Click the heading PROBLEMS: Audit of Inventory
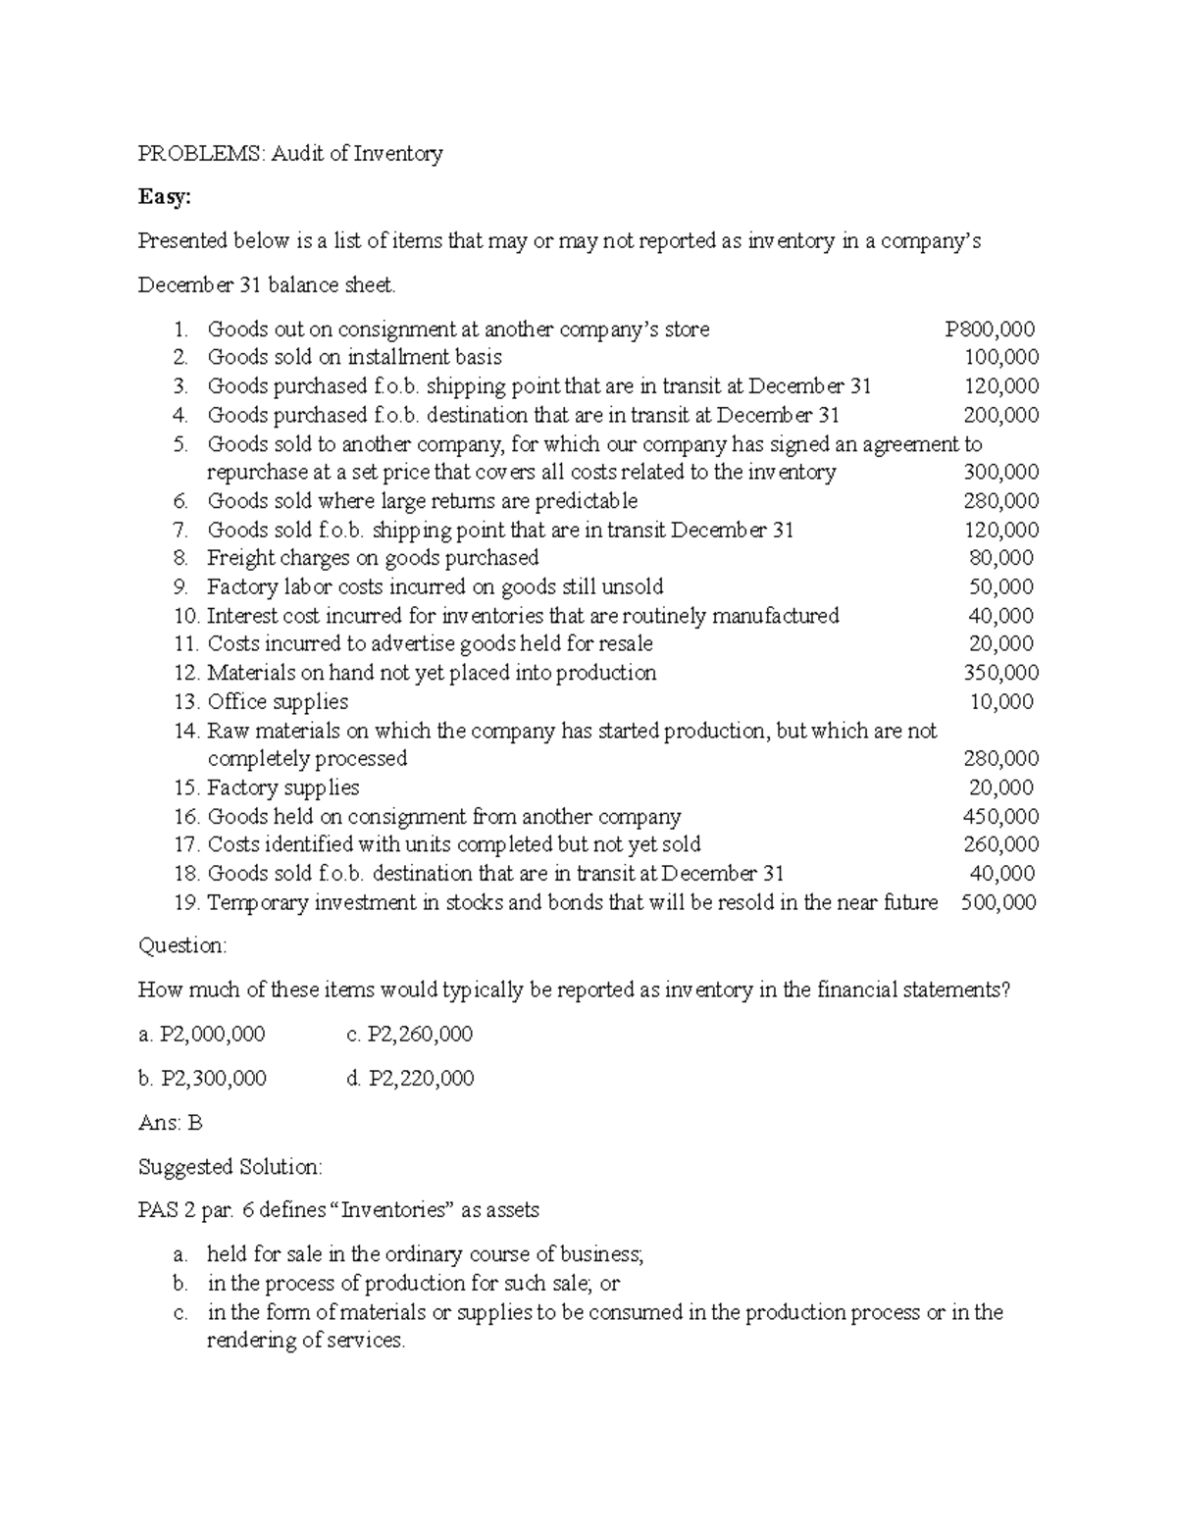point(290,153)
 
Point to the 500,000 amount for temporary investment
point(998,902)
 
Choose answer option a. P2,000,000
point(201,1034)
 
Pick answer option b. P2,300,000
point(202,1078)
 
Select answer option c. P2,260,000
point(410,1034)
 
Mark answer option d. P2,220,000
point(410,1078)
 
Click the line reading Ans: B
point(171,1123)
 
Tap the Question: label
point(182,945)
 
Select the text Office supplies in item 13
point(278,701)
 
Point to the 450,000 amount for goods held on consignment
point(1001,816)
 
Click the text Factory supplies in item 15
point(283,787)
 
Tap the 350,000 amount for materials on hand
point(1001,673)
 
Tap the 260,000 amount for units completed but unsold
point(1001,844)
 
